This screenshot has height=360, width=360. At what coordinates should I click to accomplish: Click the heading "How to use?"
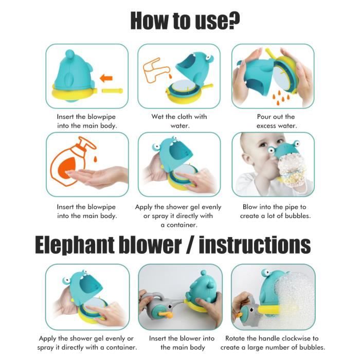(185, 21)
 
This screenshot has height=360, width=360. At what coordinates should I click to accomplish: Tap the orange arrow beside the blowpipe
(106, 78)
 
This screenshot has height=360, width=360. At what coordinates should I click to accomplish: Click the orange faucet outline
(156, 71)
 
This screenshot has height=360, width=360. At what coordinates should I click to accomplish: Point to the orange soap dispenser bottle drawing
(74, 160)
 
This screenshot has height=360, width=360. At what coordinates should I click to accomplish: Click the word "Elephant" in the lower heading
(75, 246)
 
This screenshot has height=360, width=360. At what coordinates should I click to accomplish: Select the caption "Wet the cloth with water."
(179, 121)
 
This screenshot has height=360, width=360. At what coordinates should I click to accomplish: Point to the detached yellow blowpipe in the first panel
(112, 91)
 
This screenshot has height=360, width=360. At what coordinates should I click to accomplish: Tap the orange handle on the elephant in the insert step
(166, 315)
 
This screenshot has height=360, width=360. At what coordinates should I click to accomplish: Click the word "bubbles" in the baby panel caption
(298, 216)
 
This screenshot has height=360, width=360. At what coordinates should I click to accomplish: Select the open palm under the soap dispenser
(97, 176)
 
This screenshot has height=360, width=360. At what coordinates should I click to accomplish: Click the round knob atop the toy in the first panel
(69, 54)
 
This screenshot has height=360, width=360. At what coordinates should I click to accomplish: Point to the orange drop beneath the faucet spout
(170, 76)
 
